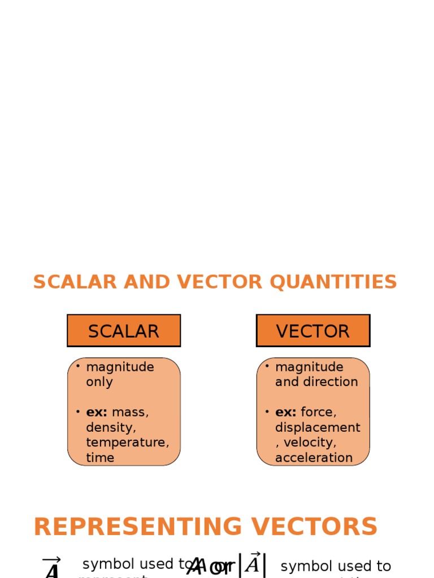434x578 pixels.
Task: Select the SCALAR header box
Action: [x=124, y=331]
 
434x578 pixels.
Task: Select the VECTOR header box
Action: [x=313, y=331]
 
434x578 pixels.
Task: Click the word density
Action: [x=111, y=427]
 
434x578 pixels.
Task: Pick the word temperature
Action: [x=127, y=443]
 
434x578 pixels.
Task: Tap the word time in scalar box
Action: [x=100, y=458]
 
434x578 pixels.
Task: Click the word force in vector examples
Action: [x=319, y=412]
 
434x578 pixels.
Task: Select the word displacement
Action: [x=318, y=427]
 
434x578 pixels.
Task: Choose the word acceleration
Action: [x=314, y=458]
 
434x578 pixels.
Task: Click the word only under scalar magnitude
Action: [x=99, y=382]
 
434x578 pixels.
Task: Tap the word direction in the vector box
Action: [x=331, y=382]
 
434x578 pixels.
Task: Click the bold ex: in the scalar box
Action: [x=97, y=412]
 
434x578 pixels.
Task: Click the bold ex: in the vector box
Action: [x=286, y=412]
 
